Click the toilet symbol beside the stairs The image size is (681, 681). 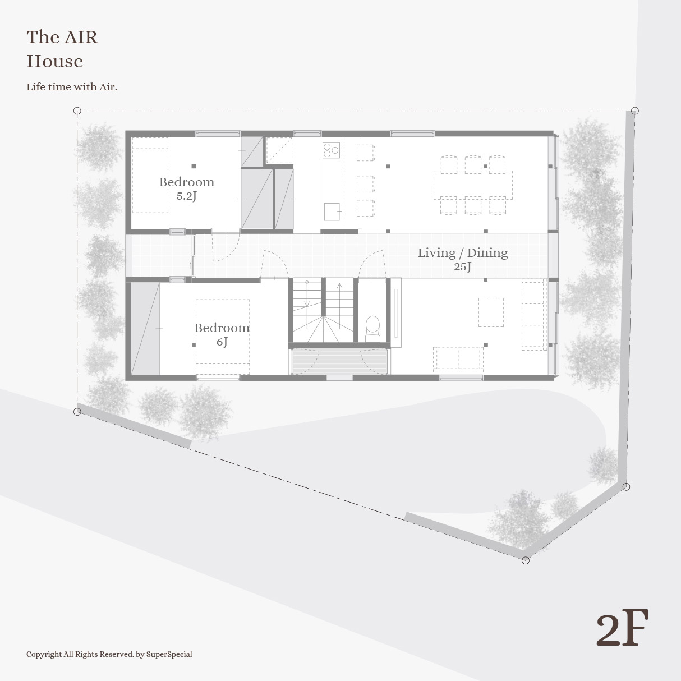point(372,329)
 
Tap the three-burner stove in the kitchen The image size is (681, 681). point(331,150)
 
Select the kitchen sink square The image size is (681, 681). point(332,211)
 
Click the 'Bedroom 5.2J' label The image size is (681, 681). point(187,188)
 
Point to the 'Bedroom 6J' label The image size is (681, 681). point(222,334)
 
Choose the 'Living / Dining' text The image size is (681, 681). point(463,252)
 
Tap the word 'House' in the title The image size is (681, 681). point(55,62)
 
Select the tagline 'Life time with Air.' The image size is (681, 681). point(72,87)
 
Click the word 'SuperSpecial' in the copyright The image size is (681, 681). point(169,654)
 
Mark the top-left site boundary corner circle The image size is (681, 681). point(77,111)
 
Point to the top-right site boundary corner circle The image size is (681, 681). point(634,111)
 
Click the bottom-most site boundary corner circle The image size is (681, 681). point(526,560)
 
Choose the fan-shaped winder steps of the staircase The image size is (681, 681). point(323,329)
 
